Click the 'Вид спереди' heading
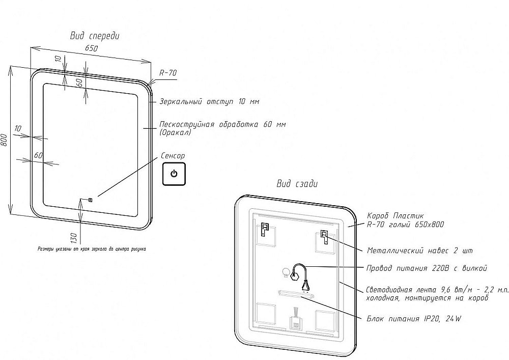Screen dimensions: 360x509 [x=94, y=36]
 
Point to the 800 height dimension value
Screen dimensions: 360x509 [x=4, y=140]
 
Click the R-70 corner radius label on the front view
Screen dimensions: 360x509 [x=168, y=73]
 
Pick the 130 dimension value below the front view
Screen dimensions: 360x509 [x=73, y=237]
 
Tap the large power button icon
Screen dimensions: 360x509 [x=174, y=174]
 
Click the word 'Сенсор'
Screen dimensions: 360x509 [x=173, y=156]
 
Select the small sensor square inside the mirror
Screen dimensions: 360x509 [x=90, y=200]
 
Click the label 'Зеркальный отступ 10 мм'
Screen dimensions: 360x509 [x=209, y=102]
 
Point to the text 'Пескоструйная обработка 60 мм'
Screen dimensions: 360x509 [x=222, y=125]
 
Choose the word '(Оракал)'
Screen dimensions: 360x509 [x=175, y=133]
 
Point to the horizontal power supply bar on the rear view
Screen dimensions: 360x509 [x=296, y=294]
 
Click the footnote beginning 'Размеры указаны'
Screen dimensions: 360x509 [x=92, y=250]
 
